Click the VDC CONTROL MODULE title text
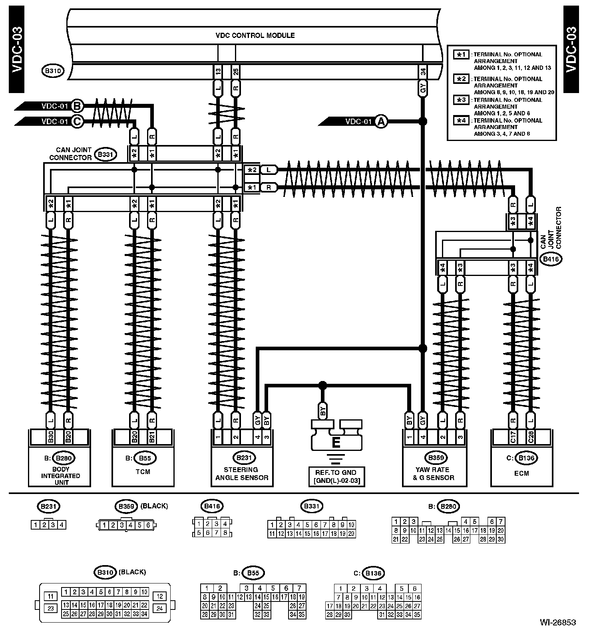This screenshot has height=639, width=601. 255,36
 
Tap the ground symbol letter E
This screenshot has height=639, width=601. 336,443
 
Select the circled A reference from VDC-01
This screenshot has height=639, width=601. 381,121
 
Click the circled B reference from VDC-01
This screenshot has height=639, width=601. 77,106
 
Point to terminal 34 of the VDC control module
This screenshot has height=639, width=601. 423,72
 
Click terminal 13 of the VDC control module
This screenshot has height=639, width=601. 218,72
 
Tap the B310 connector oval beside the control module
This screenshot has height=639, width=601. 52,71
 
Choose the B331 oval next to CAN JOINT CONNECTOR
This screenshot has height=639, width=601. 105,154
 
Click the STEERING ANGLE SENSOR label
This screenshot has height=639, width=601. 242,474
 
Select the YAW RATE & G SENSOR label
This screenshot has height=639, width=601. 434,474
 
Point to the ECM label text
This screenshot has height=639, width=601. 521,473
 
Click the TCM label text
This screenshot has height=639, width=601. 143,472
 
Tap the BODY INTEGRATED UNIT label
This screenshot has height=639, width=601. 61,476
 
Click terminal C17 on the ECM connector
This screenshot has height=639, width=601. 513,438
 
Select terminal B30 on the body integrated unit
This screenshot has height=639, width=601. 51,438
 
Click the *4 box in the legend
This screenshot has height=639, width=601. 462,120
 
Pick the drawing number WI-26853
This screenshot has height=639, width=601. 558,622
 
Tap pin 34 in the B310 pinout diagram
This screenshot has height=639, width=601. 144,614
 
